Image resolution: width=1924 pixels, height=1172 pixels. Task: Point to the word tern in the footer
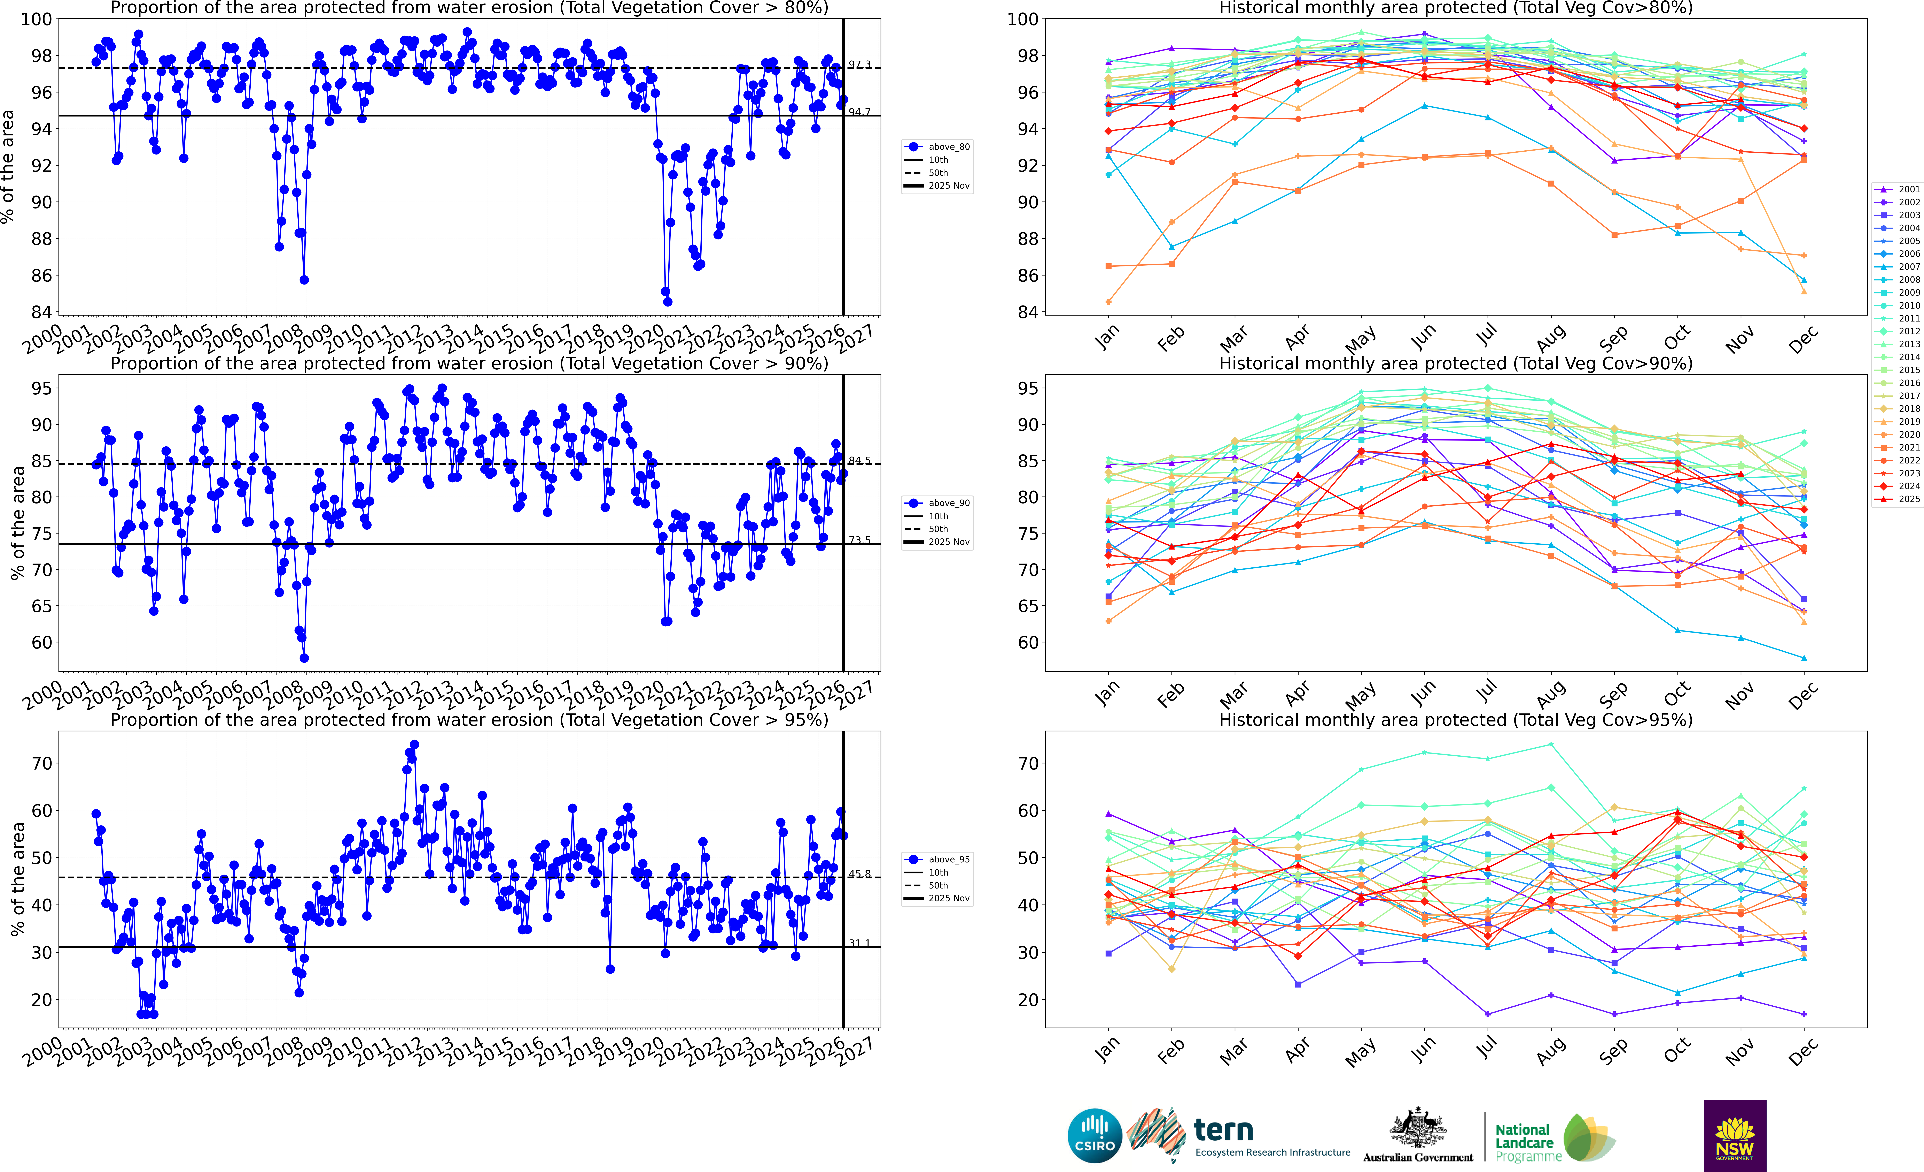click(x=1224, y=1130)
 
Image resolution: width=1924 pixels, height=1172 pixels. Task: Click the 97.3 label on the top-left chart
click(x=860, y=65)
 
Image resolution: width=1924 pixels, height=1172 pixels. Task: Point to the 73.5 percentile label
click(x=860, y=540)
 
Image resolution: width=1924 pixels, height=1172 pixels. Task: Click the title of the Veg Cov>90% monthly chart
click(x=1456, y=363)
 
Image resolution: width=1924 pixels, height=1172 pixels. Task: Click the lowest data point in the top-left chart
click(x=668, y=302)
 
